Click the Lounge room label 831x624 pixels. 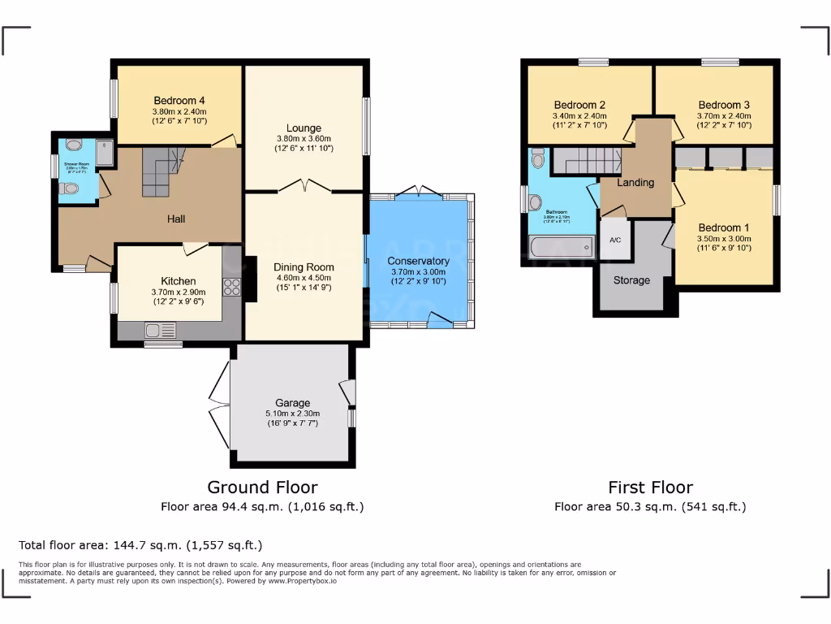[x=304, y=128]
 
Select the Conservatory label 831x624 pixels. [x=419, y=261]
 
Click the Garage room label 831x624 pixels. [x=292, y=403]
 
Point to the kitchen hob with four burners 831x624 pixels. [x=232, y=287]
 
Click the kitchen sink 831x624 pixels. [x=159, y=330]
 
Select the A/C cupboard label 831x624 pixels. [x=614, y=240]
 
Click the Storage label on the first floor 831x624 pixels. [x=631, y=280]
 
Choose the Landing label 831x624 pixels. [x=635, y=183]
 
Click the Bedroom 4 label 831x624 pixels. [x=179, y=101]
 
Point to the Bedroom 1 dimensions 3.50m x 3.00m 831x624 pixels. [x=724, y=239]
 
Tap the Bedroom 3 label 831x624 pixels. [x=723, y=105]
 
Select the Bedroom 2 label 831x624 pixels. [x=579, y=105]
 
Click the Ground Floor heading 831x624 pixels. [x=262, y=487]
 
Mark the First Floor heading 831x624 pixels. [x=650, y=487]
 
